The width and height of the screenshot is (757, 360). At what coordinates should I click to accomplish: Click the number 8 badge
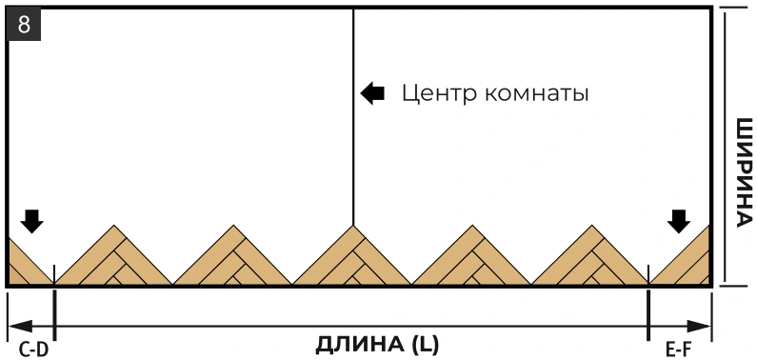pyautogui.click(x=24, y=25)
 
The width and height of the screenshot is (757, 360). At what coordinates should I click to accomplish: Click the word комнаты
pyautogui.click(x=537, y=93)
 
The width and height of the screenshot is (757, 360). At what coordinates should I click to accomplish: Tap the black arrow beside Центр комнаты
pyautogui.click(x=372, y=93)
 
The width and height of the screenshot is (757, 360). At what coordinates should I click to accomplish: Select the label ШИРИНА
pyautogui.click(x=744, y=172)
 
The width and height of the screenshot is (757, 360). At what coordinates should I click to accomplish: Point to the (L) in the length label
pyautogui.click(x=426, y=345)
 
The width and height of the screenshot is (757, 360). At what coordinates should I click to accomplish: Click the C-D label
pyautogui.click(x=33, y=350)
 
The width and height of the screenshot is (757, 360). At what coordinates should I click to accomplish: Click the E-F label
pyautogui.click(x=679, y=350)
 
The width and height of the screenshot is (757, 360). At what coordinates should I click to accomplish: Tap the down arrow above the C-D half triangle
pyautogui.click(x=31, y=222)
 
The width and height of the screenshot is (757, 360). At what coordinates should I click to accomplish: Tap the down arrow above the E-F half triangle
pyautogui.click(x=679, y=222)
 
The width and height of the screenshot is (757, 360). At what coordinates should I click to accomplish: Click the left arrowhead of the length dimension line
pyautogui.click(x=20, y=327)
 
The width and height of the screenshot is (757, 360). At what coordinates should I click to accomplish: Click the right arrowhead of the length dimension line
pyautogui.click(x=699, y=327)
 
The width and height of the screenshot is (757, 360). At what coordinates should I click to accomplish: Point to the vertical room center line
pyautogui.click(x=353, y=117)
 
